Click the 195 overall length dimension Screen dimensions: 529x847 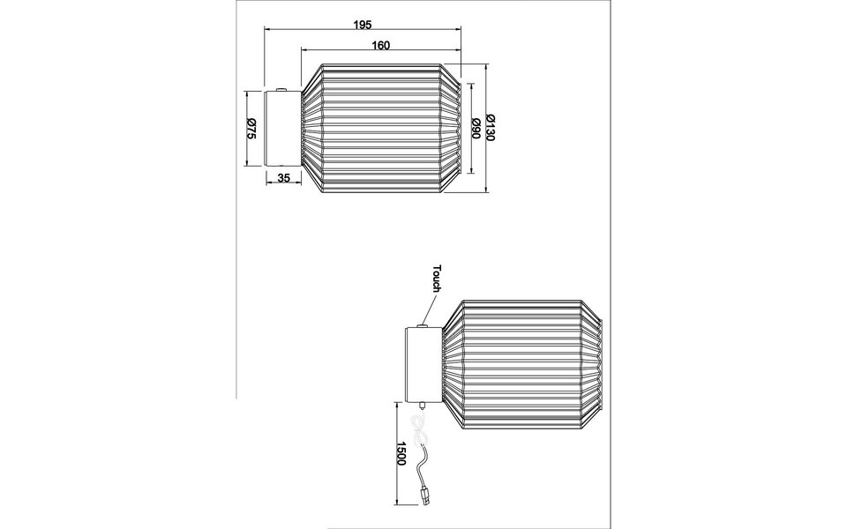click(362, 25)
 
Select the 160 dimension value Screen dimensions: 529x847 click(381, 44)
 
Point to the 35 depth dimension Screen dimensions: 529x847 click(284, 177)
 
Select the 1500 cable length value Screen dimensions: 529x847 click(401, 454)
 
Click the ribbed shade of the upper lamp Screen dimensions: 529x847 click(379, 128)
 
